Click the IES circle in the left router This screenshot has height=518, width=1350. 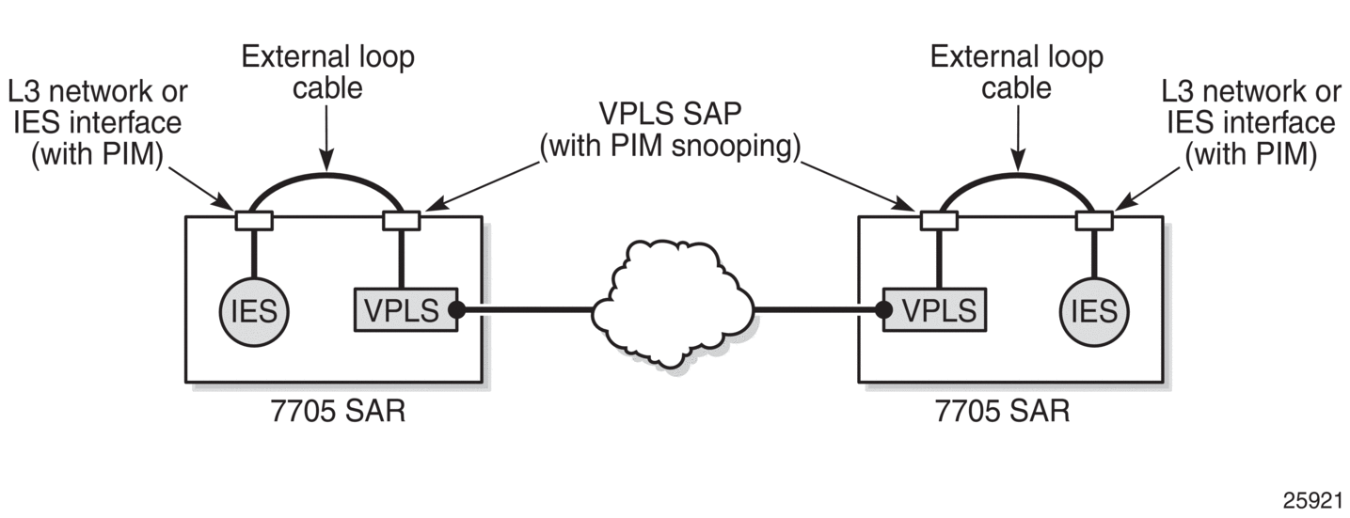coord(254,311)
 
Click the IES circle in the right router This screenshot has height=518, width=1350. coord(1094,311)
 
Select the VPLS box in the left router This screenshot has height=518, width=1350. coord(405,309)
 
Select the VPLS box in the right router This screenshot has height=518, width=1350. coord(935,309)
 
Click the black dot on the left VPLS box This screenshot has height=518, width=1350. coord(457,309)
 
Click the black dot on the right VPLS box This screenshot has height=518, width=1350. coord(883,309)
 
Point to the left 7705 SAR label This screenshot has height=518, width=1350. coord(338,412)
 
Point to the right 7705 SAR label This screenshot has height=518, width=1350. coord(1002,412)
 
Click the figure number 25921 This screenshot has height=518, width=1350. coord(1312,500)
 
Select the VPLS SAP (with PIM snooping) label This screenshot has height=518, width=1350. coord(670,130)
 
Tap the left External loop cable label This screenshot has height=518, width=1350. coord(327,72)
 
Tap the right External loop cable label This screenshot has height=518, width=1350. coord(1017,72)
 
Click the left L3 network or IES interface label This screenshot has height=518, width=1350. coord(98,123)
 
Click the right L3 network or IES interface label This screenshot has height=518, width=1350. coord(1251,123)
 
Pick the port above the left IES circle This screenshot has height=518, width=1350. coord(254,220)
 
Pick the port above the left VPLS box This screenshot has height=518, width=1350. coord(402,220)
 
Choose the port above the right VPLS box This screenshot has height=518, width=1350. coord(939,220)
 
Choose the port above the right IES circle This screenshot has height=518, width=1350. coord(1094,220)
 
